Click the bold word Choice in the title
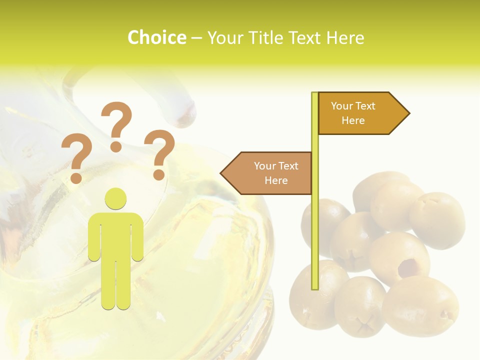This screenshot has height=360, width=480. [x=156, y=37]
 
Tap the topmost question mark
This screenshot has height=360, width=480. [x=116, y=125]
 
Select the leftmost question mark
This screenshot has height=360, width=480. [x=76, y=157]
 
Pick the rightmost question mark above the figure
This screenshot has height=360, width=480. [x=159, y=154]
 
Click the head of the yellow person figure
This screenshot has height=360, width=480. [x=115, y=198]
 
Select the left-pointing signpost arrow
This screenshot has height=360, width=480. [x=267, y=173]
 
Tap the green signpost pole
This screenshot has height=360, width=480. [x=315, y=225]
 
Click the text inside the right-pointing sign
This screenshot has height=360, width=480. [x=353, y=113]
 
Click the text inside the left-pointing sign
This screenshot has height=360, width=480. [x=276, y=173]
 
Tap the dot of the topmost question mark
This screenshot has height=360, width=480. [x=116, y=146]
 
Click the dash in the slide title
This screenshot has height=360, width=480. [x=196, y=38]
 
